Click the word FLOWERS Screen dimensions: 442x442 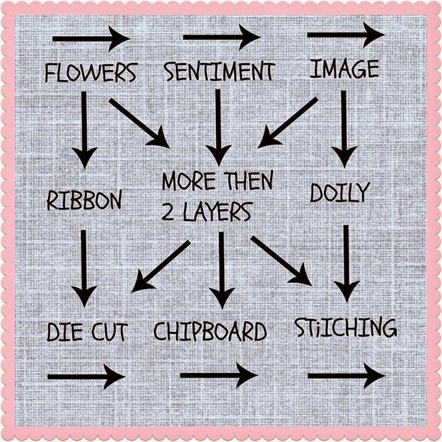tap(90, 72)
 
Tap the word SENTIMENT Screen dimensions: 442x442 tap(219, 72)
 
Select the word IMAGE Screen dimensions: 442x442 tap(344, 69)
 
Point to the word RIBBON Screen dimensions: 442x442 tap(84, 200)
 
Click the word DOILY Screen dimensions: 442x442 tap(339, 193)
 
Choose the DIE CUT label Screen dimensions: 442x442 tap(87, 332)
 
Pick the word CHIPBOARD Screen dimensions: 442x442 tap(210, 331)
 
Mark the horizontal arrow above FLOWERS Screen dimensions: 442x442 tap(91, 39)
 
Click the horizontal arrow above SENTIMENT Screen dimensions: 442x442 tap(222, 37)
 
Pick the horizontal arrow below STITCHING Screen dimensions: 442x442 tap(346, 375)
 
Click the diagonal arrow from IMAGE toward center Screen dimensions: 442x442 tap(287, 122)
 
